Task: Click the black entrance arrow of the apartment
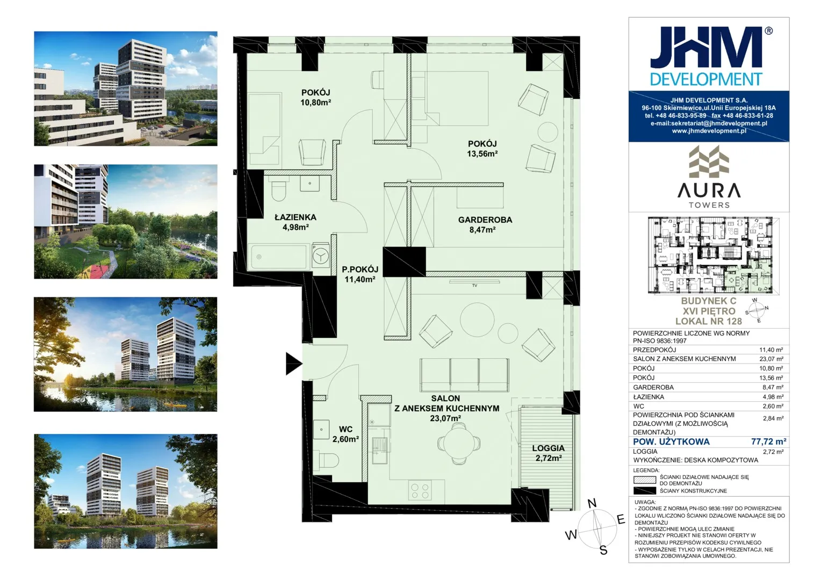coord(293,364)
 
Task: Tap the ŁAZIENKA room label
coord(296,218)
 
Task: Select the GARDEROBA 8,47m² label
coord(485,224)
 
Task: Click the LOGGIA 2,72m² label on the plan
coord(548,453)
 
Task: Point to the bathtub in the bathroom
coord(279,257)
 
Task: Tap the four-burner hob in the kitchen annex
coord(420,491)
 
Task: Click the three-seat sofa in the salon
coord(464,375)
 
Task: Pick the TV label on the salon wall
coord(474,285)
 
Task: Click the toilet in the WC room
coord(327,460)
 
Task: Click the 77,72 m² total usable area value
coord(768,441)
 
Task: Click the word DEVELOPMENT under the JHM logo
coord(706,79)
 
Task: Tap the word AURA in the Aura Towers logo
coord(709,191)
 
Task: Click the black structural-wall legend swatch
coord(644,491)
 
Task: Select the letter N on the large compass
coord(592,504)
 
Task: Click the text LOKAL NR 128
coord(709,321)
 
